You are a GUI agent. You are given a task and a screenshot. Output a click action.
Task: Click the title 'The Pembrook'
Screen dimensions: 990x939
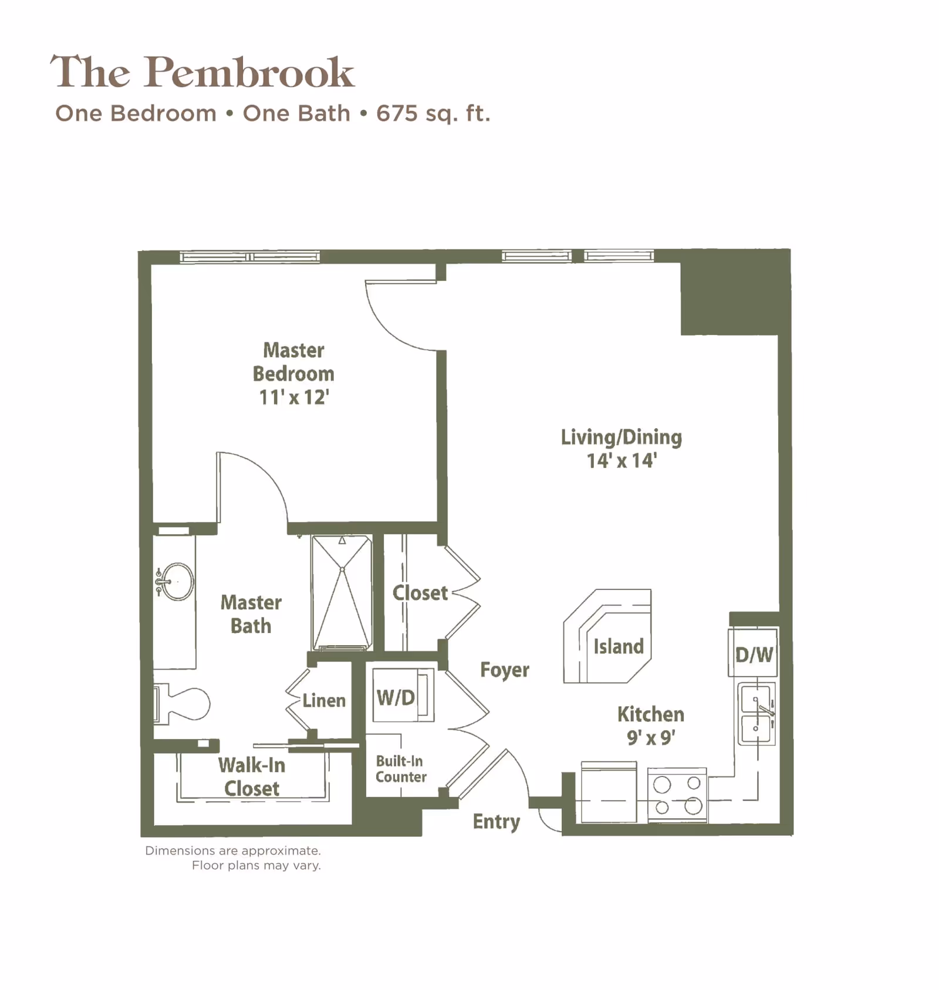click(x=202, y=72)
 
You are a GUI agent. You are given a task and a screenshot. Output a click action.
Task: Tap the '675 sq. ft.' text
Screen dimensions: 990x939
click(x=433, y=113)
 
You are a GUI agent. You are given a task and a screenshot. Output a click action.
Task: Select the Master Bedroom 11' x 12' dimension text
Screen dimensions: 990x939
click(x=294, y=398)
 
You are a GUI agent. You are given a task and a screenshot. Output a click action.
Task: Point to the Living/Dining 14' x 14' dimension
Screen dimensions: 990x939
click(x=622, y=461)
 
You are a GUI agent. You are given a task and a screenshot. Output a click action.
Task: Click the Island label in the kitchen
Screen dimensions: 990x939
click(x=618, y=646)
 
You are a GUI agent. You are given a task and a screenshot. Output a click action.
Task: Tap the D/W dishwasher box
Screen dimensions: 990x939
click(x=754, y=653)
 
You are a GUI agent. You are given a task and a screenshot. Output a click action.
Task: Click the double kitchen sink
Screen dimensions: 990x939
click(x=756, y=713)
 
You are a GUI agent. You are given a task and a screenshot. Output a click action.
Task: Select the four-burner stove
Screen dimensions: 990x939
click(x=677, y=795)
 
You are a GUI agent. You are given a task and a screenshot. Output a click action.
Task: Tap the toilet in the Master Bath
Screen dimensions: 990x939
click(x=183, y=703)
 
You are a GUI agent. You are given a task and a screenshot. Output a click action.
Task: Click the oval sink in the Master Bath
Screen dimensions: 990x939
click(x=176, y=581)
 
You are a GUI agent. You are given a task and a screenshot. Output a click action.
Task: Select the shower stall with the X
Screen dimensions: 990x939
click(x=342, y=592)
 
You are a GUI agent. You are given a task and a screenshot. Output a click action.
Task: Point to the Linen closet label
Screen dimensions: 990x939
click(x=324, y=700)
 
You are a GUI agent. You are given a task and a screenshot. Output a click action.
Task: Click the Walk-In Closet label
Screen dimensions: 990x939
click(x=252, y=777)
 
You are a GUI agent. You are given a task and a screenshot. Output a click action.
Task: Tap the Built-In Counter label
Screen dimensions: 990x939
click(x=401, y=769)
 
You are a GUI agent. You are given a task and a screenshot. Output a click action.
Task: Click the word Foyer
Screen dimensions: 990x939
click(x=504, y=670)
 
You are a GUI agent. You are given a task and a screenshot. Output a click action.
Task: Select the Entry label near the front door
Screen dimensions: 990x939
click(x=496, y=822)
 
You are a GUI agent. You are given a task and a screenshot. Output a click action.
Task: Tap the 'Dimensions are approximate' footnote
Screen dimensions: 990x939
click(x=233, y=850)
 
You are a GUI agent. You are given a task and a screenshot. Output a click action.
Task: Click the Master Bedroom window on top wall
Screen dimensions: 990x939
click(x=249, y=257)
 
